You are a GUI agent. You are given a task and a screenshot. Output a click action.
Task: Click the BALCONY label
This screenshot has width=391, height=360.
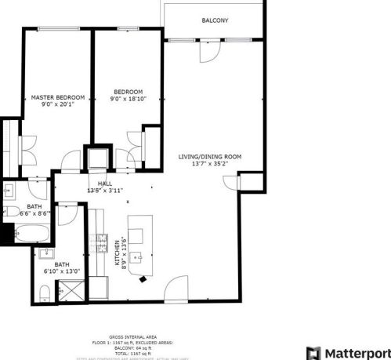coord(214,20)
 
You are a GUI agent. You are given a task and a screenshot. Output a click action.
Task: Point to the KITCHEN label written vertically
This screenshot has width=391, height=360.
coord(118,253)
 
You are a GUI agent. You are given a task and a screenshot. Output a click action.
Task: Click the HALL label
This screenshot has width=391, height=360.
coord(104,183)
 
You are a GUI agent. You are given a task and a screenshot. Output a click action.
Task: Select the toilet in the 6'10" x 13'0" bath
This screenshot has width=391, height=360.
coord(45,293)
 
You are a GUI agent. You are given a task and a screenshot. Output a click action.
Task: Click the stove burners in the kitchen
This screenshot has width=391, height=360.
coord(101,242)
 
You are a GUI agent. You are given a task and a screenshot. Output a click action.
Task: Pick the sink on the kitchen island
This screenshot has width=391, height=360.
coord(136,256)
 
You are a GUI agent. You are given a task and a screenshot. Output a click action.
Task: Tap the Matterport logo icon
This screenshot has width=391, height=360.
coord(313,352)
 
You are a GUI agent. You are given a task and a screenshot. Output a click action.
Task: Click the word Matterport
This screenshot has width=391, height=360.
coord(357,352)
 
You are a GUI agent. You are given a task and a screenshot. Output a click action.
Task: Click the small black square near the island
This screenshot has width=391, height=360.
coord(142,278)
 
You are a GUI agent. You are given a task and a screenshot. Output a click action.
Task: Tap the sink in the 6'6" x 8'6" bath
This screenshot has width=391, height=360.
coord(11,191)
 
